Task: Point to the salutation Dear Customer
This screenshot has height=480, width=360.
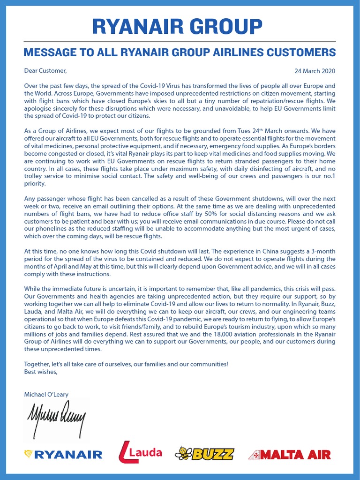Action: [x=45, y=71]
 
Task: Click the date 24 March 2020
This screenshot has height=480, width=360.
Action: [x=315, y=71]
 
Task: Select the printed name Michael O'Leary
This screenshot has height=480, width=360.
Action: [x=46, y=395]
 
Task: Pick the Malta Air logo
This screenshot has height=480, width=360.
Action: [x=289, y=454]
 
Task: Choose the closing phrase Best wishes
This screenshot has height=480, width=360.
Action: [x=41, y=372]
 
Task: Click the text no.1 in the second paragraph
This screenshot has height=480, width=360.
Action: [x=329, y=176]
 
